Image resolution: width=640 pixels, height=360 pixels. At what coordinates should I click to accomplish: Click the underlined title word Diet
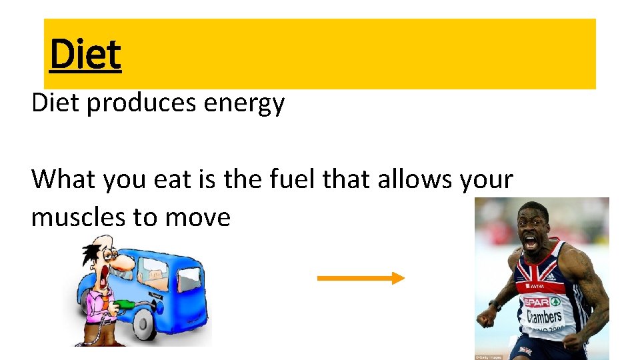pyautogui.click(x=85, y=55)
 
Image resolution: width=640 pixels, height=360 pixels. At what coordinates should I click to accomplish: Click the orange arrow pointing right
pyautogui.click(x=361, y=279)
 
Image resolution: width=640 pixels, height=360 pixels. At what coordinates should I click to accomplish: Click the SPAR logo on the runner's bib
pyautogui.click(x=536, y=301)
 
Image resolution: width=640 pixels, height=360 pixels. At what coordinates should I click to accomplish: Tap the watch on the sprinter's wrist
pyautogui.click(x=495, y=305)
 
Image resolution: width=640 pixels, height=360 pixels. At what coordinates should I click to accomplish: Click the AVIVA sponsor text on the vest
pyautogui.click(x=535, y=285)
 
